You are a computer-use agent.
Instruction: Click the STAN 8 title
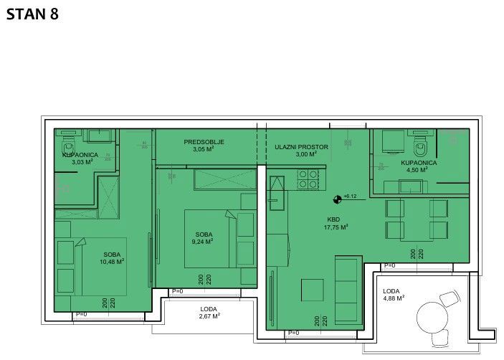[32, 14]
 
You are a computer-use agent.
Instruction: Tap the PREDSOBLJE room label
[204, 142]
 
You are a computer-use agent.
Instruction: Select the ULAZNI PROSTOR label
[301, 147]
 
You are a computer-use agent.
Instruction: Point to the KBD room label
[333, 219]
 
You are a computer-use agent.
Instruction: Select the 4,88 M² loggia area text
[394, 298]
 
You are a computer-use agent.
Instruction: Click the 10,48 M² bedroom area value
[112, 262]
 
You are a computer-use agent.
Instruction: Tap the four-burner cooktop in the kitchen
[308, 178]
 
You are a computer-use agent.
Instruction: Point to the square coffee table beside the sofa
[312, 290]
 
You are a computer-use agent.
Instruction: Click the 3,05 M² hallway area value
[204, 150]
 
